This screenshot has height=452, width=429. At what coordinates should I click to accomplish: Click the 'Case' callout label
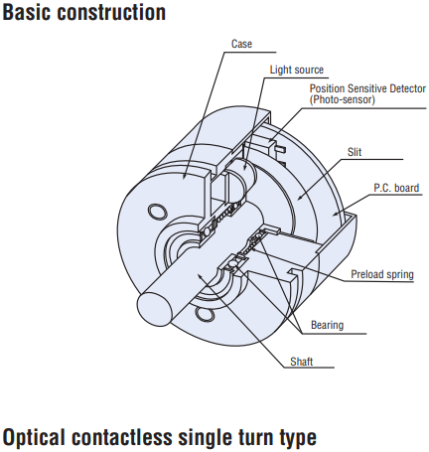point(241,44)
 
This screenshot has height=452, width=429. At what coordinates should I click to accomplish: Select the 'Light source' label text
point(297,70)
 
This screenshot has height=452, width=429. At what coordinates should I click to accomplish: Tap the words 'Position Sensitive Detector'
point(367,88)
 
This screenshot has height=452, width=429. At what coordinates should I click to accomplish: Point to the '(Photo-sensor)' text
point(343,99)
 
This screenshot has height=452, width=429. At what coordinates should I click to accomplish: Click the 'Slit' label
point(355,152)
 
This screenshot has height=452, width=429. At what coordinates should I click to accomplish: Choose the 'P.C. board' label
point(396,188)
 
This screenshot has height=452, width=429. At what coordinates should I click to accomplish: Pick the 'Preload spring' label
point(382,274)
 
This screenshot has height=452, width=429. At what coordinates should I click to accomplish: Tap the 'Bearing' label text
point(327,325)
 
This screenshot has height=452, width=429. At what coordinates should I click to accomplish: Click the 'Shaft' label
point(301,362)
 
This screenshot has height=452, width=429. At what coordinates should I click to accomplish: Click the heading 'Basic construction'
point(83,12)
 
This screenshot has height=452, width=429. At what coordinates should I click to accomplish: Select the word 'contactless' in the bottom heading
point(122,437)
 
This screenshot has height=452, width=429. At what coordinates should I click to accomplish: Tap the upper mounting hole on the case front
point(157,211)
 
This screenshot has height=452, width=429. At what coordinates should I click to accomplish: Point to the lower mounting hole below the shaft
point(205,313)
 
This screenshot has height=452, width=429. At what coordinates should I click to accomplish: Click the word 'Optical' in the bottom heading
point(34,438)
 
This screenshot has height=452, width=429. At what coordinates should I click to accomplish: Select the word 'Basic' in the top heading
point(27,12)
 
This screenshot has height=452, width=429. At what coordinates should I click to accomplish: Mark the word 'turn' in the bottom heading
point(256,438)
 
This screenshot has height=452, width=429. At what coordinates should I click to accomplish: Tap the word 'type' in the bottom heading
point(298,439)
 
